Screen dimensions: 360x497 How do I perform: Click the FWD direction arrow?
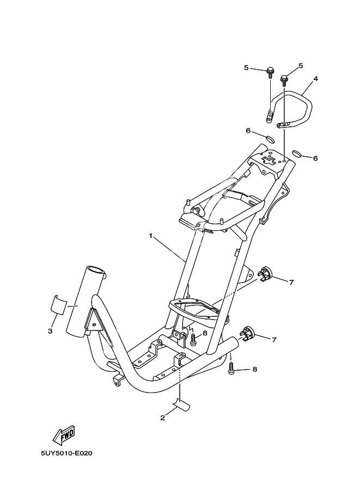pos(64,434)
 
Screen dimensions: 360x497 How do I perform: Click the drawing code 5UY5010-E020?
pos(66,453)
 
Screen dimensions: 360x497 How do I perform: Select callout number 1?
pos(151,236)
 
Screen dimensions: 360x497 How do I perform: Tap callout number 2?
pos(162,418)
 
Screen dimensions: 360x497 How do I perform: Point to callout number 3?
pos(50,331)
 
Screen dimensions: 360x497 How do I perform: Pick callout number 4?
pos(315,78)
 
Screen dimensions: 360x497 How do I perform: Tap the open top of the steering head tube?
pos(95,271)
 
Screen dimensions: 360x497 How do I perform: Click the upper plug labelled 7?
pos(265,274)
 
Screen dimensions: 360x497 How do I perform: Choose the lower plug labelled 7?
pos(247,333)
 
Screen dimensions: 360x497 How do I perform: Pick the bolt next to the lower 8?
pos(231,370)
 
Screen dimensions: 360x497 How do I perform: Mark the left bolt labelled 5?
pos(270,72)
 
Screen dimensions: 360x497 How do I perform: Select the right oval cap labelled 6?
pos(297,153)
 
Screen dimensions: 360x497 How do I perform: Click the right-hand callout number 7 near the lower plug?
pos(274,340)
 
